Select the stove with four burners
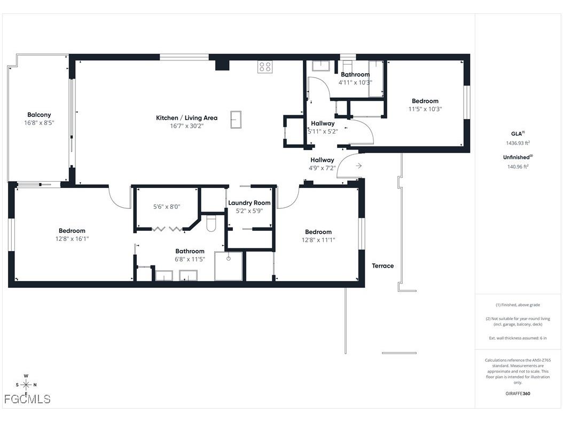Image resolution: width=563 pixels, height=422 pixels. (265, 67)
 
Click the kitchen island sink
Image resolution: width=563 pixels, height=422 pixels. (236, 119)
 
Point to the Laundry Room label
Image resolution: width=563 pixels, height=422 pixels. (249, 203)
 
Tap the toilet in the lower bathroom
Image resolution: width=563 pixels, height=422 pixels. (210, 223)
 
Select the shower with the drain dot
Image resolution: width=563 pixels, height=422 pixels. (228, 265)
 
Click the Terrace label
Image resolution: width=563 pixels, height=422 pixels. (383, 266)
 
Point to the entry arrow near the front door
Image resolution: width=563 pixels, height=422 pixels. (358, 166)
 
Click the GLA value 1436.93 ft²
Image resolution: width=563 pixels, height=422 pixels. (518, 143)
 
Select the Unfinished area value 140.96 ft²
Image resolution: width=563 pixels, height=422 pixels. (518, 167)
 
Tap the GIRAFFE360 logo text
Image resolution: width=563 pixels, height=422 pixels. (518, 394)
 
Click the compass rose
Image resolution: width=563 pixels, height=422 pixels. (26, 385)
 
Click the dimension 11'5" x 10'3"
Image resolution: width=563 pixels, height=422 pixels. (425, 109)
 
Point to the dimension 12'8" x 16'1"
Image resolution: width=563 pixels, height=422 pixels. (72, 239)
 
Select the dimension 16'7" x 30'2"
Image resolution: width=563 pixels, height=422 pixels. (186, 126)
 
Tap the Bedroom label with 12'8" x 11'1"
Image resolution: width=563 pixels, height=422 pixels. (318, 232)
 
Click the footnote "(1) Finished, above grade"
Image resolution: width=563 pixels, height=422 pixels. (518, 305)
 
